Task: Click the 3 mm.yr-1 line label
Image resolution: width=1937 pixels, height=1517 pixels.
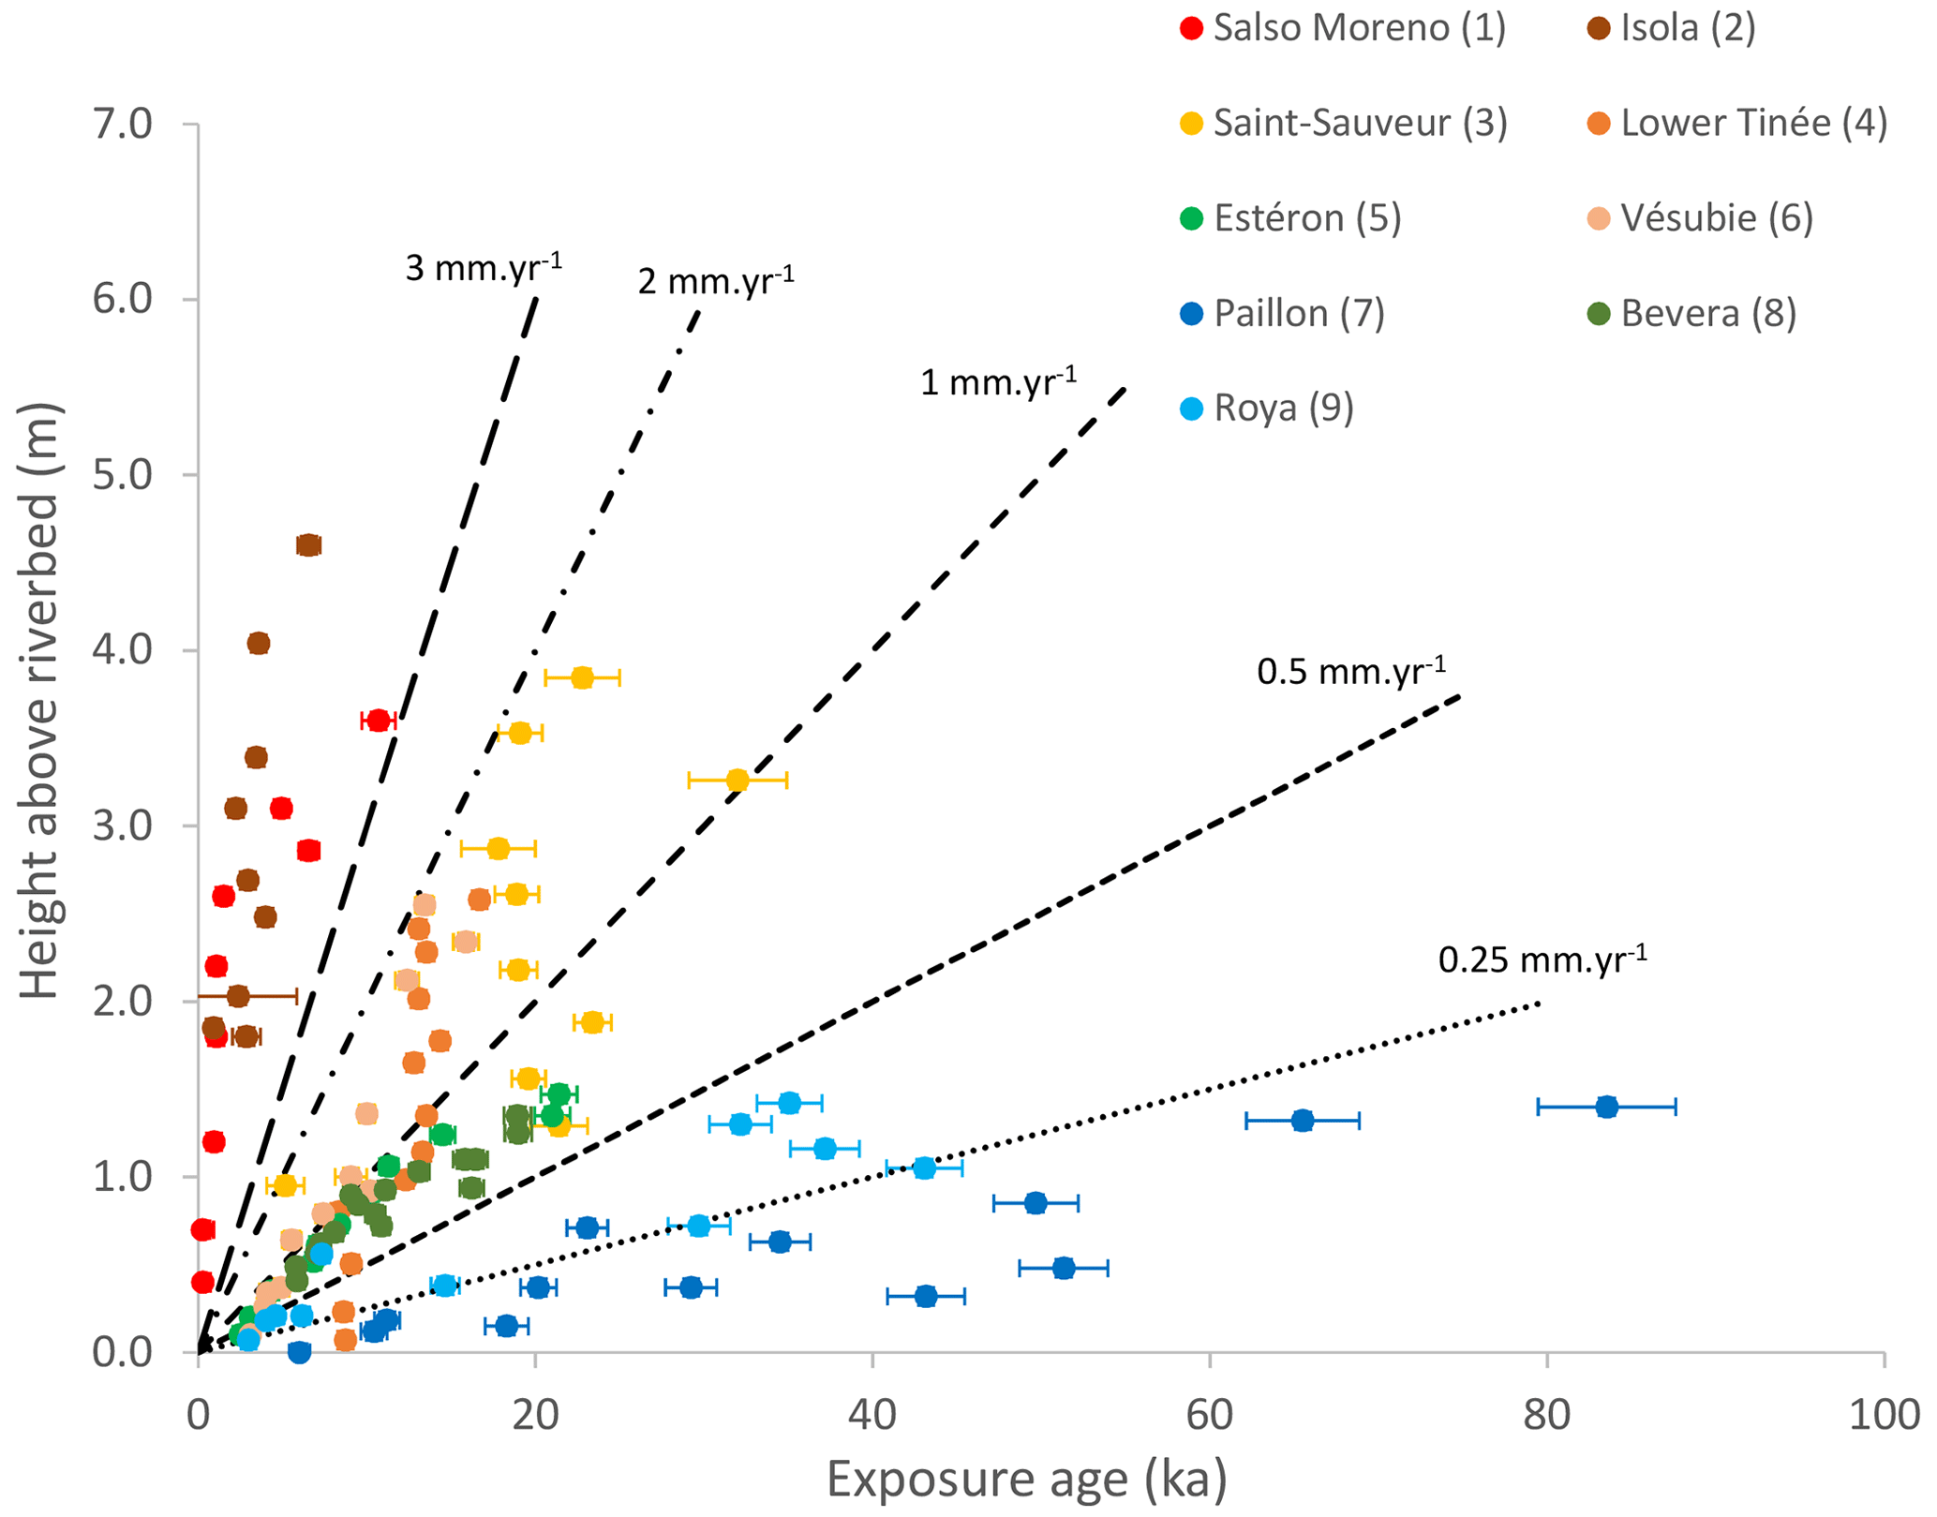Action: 484,267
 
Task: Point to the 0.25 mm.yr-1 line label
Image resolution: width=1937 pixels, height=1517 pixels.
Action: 1542,959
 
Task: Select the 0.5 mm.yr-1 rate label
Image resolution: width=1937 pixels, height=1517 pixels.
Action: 1351,671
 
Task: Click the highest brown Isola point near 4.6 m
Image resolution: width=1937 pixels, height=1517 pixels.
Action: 308,545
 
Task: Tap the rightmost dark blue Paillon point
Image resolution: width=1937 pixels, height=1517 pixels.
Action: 1606,1107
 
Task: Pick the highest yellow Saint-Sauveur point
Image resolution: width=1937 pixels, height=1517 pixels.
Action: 582,677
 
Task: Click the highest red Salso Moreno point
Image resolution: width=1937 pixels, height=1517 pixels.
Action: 378,721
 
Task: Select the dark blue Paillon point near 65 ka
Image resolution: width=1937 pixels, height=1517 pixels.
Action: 1302,1121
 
